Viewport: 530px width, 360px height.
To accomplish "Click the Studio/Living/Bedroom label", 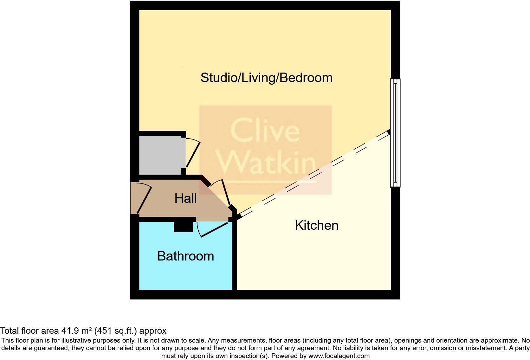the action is (x=266, y=78).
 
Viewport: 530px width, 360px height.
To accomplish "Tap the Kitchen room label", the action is (x=316, y=225).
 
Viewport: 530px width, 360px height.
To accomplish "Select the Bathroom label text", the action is (x=185, y=256).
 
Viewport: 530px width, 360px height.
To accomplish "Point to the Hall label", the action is (x=185, y=198).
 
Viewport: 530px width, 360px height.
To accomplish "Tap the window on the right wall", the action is (x=395, y=133).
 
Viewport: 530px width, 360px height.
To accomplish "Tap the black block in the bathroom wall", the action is (x=183, y=226).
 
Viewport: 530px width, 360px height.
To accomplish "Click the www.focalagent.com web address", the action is (x=339, y=356).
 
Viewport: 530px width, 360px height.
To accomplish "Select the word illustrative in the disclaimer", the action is (x=80, y=341).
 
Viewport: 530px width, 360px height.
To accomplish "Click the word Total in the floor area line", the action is (x=10, y=331).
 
